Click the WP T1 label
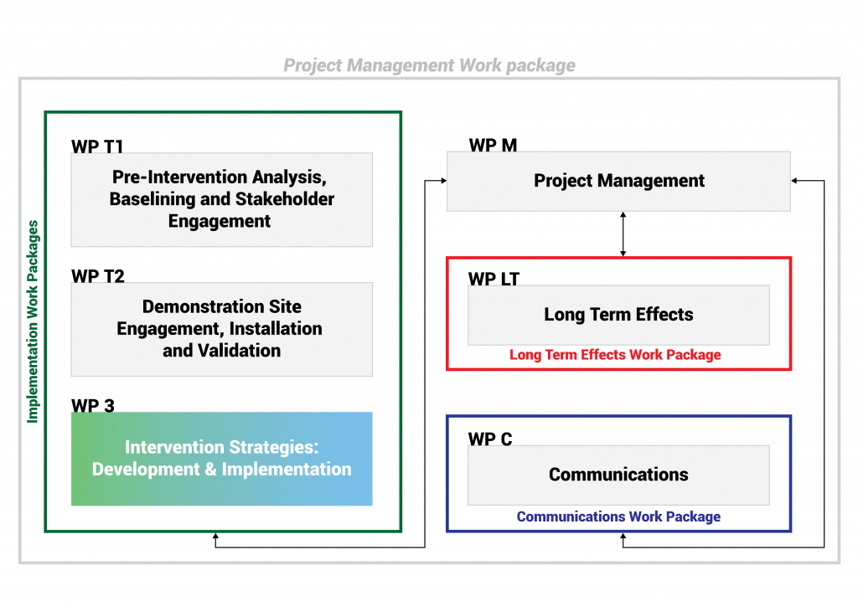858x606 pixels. (97, 146)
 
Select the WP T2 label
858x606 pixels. (98, 276)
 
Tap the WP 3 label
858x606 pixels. (92, 405)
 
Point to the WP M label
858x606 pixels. (493, 145)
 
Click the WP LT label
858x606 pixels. (494, 279)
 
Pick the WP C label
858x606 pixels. (490, 439)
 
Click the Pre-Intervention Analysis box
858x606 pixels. (221, 199)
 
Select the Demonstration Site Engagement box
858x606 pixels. (221, 329)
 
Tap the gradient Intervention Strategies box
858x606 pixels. (221, 459)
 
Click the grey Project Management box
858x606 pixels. (619, 181)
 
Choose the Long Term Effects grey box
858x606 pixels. (619, 315)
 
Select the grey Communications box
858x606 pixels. (619, 475)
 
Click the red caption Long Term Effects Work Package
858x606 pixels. (615, 355)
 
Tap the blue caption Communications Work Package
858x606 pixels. (618, 516)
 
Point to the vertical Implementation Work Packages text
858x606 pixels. (33, 321)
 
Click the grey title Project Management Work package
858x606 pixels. (429, 65)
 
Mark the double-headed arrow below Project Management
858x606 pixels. (623, 234)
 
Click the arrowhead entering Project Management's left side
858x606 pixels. (444, 180)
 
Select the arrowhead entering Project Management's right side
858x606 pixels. (794, 180)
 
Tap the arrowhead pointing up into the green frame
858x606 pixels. (215, 537)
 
